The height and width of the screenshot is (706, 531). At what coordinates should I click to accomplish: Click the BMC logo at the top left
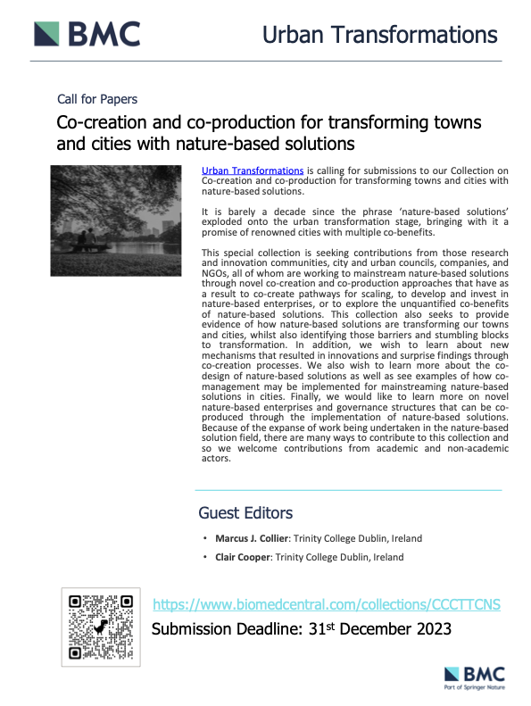pos(87,34)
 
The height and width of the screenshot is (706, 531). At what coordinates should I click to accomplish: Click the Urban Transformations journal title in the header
pos(379,34)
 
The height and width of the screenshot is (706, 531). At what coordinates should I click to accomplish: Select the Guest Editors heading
pos(245,513)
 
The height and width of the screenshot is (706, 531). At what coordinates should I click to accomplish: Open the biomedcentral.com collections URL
pos(328,605)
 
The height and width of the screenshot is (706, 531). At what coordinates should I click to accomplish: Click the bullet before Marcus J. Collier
pos(204,539)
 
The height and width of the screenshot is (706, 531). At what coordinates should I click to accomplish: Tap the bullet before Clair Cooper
pos(204,557)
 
